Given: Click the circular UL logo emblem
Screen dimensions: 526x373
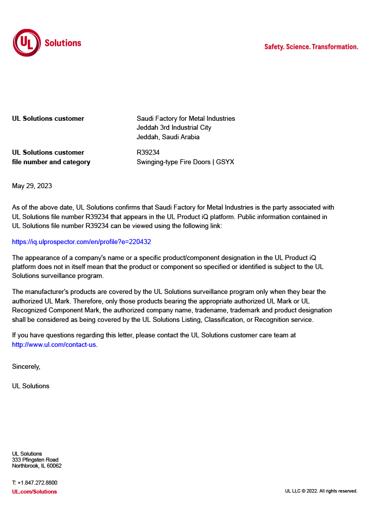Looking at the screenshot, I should point(27,43).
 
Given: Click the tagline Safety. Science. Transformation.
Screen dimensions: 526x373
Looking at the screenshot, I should point(311,47).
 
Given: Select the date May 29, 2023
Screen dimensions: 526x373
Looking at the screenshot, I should point(32,186).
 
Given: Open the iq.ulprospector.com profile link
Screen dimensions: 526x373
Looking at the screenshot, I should point(81,242).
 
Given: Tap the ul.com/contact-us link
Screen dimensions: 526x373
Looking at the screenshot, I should point(54,345).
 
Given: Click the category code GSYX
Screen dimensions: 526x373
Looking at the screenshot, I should point(225,162).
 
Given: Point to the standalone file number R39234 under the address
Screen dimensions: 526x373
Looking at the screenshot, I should point(148,153).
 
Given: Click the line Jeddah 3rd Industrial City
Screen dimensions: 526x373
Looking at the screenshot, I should point(174,128).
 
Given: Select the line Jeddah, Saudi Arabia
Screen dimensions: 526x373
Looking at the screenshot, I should point(168,137).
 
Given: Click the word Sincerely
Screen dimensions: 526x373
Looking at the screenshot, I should point(26,366).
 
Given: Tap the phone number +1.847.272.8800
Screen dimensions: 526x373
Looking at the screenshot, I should point(37,483).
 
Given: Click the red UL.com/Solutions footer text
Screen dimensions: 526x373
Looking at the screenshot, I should point(34,492).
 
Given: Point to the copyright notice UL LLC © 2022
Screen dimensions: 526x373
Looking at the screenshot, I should point(321,491).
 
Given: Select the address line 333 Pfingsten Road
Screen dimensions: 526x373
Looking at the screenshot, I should point(35,460).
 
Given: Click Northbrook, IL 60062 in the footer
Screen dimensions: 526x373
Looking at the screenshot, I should point(37,466).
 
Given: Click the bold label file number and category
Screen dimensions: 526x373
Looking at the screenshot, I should point(51,162).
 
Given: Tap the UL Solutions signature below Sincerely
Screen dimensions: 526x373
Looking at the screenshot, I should point(30,386).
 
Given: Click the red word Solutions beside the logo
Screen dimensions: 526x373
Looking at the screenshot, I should point(63,43).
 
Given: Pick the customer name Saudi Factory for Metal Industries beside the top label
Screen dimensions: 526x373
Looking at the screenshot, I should point(186,119).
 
